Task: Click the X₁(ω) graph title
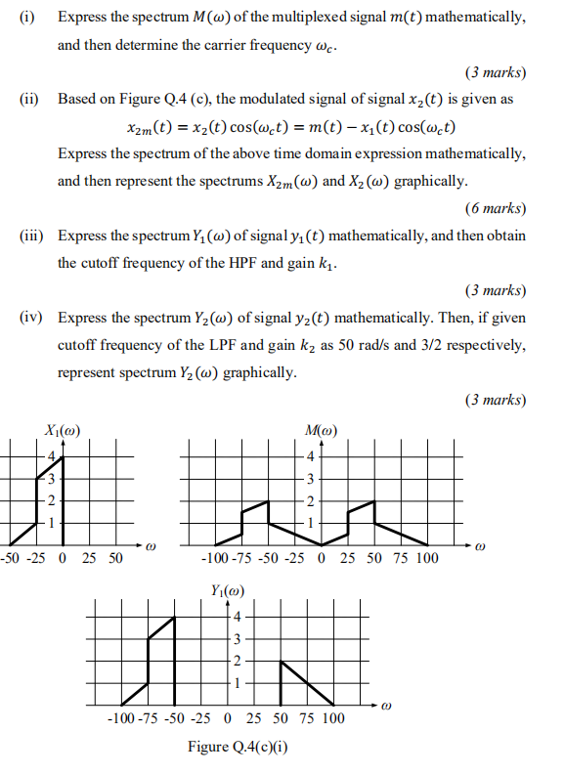click(63, 430)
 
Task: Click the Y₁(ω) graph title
click(227, 589)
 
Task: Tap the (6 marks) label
click(497, 207)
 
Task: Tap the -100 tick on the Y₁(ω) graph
click(123, 718)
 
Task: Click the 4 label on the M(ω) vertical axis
click(311, 457)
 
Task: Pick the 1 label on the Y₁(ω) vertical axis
click(235, 682)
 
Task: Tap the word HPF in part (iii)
click(237, 263)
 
